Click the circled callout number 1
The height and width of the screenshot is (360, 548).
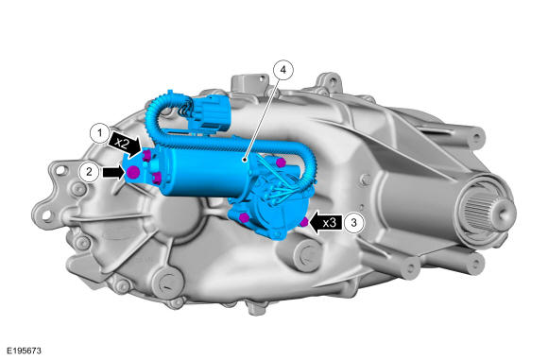pyautogui.click(x=100, y=133)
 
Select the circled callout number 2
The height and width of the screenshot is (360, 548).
pyautogui.click(x=89, y=172)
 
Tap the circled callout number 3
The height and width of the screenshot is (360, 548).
pyautogui.click(x=353, y=222)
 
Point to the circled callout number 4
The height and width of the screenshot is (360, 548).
pyautogui.click(x=283, y=70)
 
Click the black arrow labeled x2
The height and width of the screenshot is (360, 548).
pyautogui.click(x=125, y=144)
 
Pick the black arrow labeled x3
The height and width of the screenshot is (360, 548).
pyautogui.click(x=326, y=222)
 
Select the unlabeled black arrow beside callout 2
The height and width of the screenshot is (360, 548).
pyautogui.click(x=113, y=172)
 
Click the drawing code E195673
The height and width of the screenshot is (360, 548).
pyautogui.click(x=25, y=351)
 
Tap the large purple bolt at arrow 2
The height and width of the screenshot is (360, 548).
pyautogui.click(x=133, y=172)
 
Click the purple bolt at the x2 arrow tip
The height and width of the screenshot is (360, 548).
pyautogui.click(x=146, y=156)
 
